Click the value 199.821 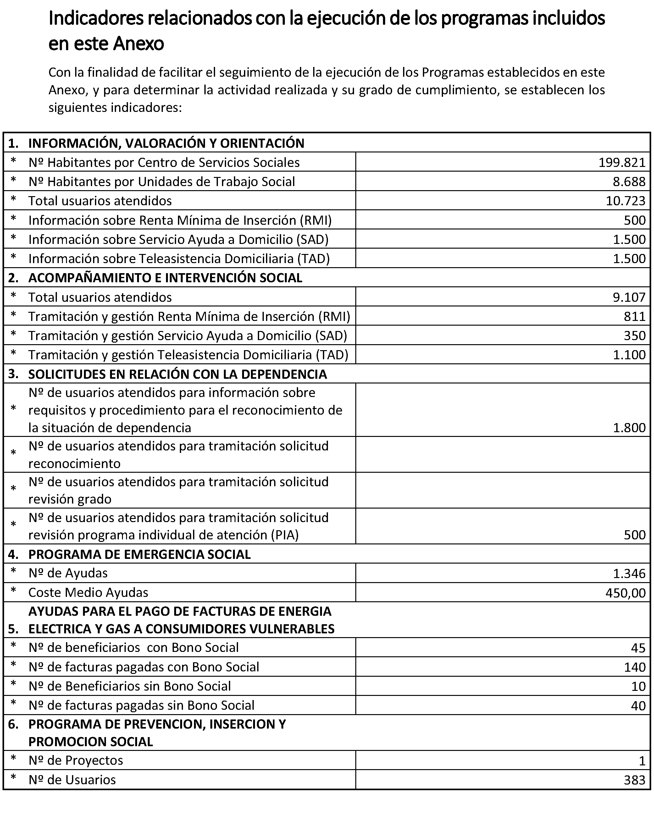pos(622,163)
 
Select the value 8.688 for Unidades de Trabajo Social pos(629,182)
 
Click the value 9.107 pos(629,297)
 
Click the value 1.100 pos(629,355)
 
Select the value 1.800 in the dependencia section pos(629,428)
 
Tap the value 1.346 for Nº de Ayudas pos(629,574)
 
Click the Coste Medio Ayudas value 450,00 pos(625,593)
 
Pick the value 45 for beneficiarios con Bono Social pos(638,648)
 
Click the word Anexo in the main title pos(139,44)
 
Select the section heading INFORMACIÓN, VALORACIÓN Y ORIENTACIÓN pos(166,143)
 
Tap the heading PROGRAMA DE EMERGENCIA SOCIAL pos(139,554)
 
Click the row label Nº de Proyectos pos(76,760)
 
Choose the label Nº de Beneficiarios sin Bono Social pos(130,686)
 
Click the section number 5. pos(13,629)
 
